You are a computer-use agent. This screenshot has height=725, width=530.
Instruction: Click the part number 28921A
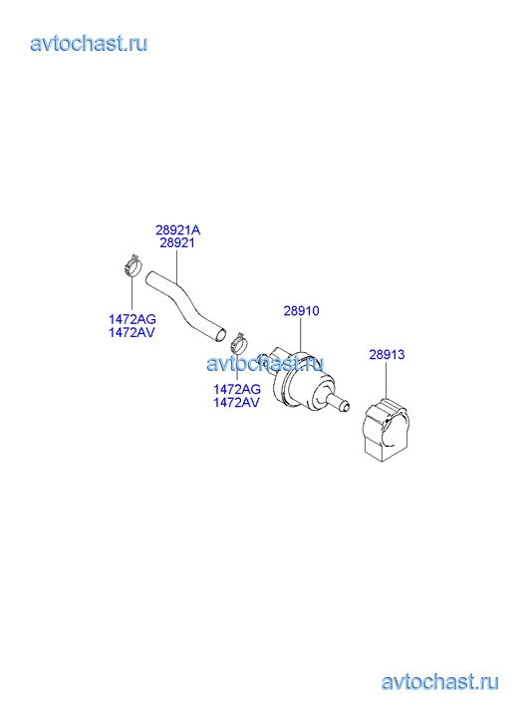[x=178, y=229]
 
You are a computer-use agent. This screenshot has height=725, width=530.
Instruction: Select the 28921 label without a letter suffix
[x=177, y=242]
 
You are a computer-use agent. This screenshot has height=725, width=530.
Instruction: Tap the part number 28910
[x=301, y=311]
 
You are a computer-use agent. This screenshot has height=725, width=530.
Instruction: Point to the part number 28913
[x=387, y=355]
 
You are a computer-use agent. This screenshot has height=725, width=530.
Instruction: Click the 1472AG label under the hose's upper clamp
[x=132, y=319]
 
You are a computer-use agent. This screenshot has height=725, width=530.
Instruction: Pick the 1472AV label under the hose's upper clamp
[x=132, y=332]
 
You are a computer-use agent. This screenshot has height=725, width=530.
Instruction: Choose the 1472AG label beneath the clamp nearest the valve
[x=236, y=389]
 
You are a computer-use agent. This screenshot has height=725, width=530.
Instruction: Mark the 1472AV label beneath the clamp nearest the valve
[x=236, y=402]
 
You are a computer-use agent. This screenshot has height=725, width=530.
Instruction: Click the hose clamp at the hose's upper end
[x=132, y=265]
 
